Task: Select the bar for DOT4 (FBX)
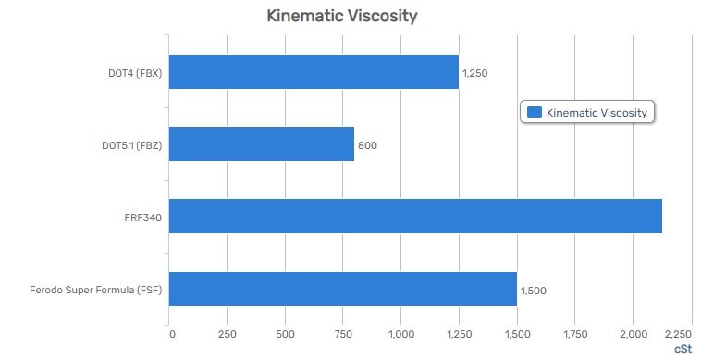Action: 314,71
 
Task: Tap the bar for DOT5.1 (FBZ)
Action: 262,144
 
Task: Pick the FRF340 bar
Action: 415,216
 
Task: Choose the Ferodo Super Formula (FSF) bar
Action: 342,289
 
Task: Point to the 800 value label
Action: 368,145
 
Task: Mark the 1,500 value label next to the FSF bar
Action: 534,290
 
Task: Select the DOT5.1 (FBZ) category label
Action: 131,145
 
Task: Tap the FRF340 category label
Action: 143,217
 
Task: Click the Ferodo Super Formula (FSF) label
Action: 95,290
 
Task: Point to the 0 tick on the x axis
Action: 171,332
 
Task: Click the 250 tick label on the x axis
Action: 228,332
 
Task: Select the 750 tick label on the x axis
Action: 343,332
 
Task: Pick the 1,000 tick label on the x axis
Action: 401,332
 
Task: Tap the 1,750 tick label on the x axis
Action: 574,332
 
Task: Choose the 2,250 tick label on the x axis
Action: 678,332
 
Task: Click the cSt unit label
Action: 682,348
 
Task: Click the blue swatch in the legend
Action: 534,112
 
